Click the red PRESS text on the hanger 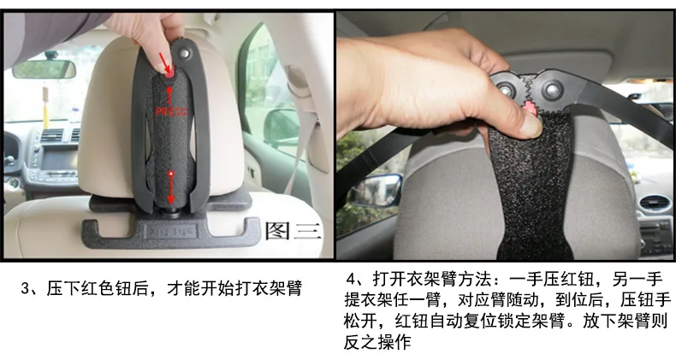[171, 111]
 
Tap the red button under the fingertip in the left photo [170, 73]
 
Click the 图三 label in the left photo [294, 231]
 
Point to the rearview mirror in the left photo [44, 69]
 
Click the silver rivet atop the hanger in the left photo [186, 54]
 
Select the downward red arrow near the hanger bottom [171, 187]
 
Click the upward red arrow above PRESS [170, 96]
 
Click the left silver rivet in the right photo [503, 90]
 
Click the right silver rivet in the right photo [551, 90]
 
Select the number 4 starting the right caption [351, 280]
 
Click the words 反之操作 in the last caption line [377, 342]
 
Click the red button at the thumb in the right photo [530, 108]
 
